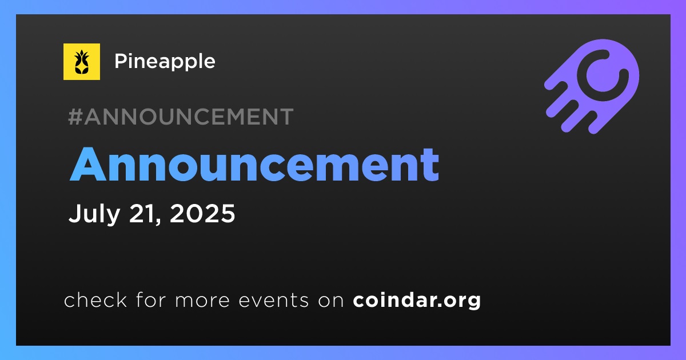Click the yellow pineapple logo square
[x=82, y=62]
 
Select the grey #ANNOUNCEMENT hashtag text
[x=181, y=117]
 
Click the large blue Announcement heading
[x=254, y=165]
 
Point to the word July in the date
[x=94, y=214]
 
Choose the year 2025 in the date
[x=202, y=213]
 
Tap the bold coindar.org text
[x=417, y=301]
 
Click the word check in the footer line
[x=95, y=299]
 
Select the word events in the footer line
[x=274, y=300]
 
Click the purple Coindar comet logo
[x=592, y=86]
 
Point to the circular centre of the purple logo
[x=603, y=75]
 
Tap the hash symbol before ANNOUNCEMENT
[x=75, y=117]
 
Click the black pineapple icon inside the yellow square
[x=82, y=62]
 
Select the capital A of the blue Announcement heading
[x=87, y=165]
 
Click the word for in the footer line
[x=151, y=299]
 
